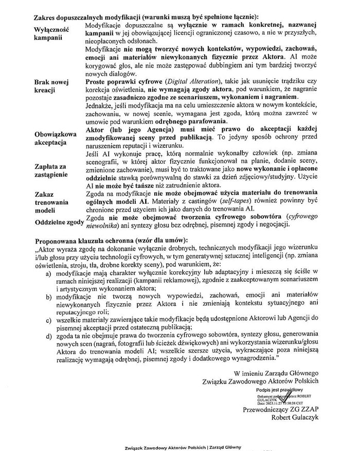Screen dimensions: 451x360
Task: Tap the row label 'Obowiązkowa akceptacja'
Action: click(x=56, y=138)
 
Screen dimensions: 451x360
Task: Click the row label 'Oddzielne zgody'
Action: click(x=58, y=222)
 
